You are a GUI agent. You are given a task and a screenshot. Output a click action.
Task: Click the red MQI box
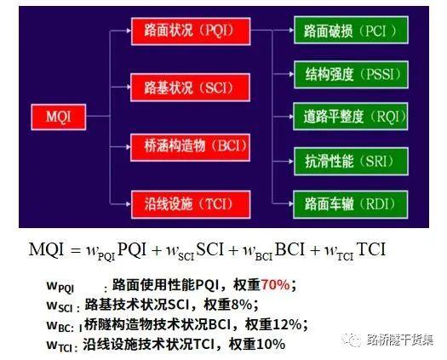click(x=59, y=117)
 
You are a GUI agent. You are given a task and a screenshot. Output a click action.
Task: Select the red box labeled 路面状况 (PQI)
click(x=191, y=31)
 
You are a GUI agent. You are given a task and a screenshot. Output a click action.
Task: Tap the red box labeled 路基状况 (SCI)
click(x=190, y=87)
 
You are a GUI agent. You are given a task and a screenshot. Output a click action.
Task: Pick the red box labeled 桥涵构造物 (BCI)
click(x=190, y=147)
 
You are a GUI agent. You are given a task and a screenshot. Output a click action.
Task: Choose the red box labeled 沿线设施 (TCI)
click(x=191, y=204)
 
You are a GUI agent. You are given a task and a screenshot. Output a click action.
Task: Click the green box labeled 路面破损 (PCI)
click(x=351, y=30)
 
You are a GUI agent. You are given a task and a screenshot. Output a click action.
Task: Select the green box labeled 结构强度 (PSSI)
click(x=351, y=74)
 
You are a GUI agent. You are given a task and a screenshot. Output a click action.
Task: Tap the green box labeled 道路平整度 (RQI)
click(x=350, y=117)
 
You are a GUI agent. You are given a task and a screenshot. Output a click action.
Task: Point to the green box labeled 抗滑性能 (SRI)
click(x=351, y=162)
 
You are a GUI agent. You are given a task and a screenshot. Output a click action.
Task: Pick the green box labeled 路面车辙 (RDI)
click(x=350, y=204)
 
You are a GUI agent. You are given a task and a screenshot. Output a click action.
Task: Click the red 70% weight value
click(x=275, y=284)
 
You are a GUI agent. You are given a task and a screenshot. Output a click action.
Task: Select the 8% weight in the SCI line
click(x=242, y=305)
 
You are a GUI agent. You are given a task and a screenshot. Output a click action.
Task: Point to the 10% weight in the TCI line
click(x=271, y=345)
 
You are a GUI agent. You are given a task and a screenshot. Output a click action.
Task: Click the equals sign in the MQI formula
click(x=75, y=250)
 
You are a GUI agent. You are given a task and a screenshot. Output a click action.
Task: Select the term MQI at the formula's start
click(x=46, y=249)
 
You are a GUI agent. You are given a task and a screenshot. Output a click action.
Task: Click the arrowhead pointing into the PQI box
click(x=128, y=31)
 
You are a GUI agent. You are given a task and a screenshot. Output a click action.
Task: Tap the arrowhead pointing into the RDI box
click(x=290, y=203)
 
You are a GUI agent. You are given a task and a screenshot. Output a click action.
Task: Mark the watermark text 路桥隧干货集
click(x=400, y=340)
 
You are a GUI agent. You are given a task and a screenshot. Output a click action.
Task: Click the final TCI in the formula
click(x=371, y=249)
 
